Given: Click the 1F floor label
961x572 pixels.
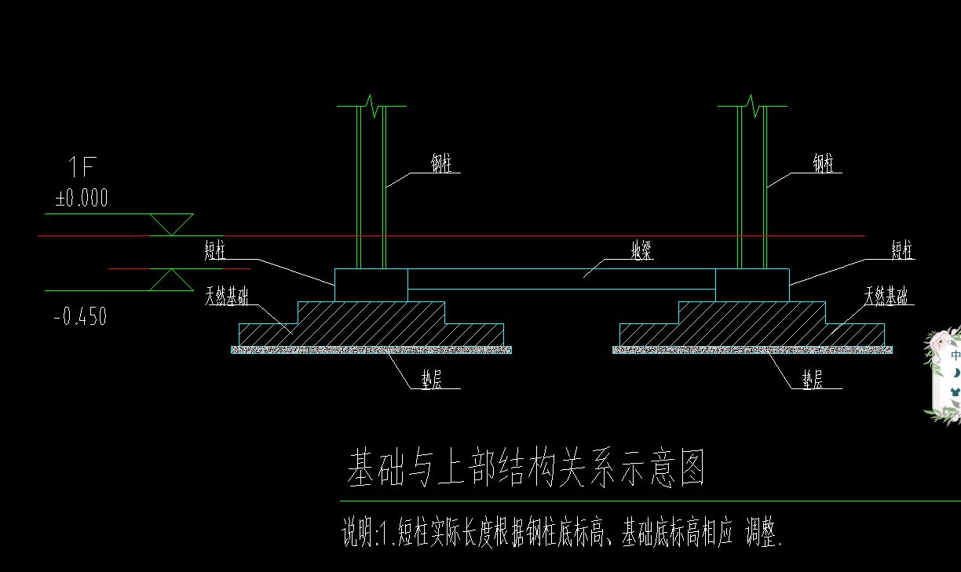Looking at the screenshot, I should point(82,167).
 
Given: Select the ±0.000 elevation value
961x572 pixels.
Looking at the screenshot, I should point(82,199).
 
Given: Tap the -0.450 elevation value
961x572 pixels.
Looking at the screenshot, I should point(80,317).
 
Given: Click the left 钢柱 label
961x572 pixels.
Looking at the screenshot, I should point(441,164).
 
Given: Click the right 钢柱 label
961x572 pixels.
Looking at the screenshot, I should point(823,164).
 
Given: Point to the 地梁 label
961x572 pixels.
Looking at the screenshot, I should point(642,251).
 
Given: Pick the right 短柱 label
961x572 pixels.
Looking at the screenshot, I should point(903,251).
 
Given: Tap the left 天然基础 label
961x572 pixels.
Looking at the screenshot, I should point(227,297).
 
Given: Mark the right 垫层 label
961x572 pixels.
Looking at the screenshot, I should point(812,380).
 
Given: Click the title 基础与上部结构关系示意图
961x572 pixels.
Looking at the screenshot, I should point(526,469).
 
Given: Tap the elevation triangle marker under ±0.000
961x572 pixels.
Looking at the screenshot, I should point(172,224).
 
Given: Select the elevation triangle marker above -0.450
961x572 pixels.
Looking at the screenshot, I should point(172,279).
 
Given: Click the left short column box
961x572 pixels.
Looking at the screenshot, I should point(371,285).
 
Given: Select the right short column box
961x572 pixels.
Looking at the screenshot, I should point(752,285).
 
